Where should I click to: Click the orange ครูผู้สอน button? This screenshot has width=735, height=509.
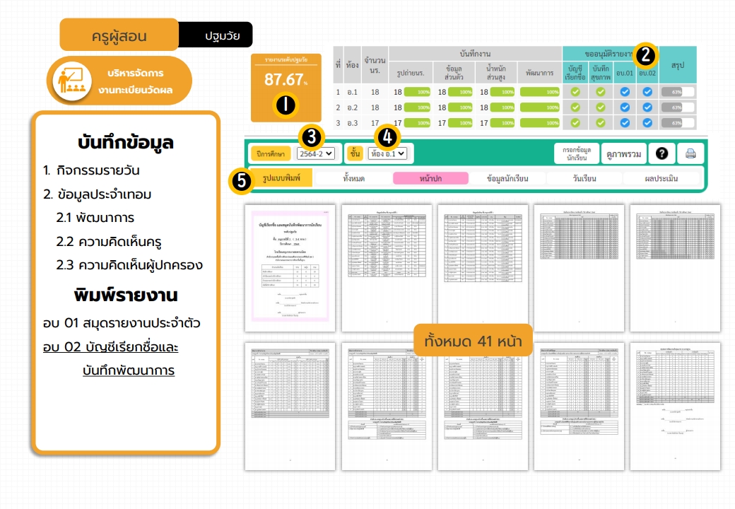(x=119, y=35)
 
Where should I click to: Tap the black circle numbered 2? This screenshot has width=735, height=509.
(x=646, y=55)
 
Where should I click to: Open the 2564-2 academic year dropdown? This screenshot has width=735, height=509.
(x=315, y=153)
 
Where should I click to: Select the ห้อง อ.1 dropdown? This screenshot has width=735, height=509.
(x=387, y=153)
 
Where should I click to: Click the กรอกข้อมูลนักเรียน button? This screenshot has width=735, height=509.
(x=576, y=153)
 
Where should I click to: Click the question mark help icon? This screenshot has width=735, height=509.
(x=661, y=153)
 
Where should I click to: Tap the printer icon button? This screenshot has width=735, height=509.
(x=690, y=153)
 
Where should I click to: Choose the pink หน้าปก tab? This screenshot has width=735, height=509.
(x=430, y=178)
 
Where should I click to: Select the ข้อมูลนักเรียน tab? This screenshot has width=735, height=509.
(x=507, y=178)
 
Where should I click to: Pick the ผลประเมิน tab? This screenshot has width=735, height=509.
(x=661, y=178)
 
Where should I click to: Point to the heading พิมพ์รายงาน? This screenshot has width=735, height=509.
(x=127, y=294)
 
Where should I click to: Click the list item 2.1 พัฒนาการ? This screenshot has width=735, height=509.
(x=95, y=218)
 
